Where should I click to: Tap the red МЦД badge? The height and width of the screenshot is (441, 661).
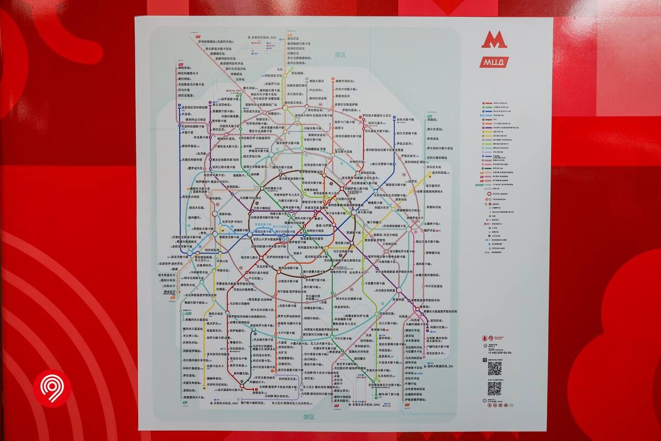point(494,62)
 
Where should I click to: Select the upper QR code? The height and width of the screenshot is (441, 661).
point(494,369)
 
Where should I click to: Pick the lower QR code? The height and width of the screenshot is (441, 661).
point(494,389)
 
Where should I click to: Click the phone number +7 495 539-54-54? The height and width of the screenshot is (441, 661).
point(499,353)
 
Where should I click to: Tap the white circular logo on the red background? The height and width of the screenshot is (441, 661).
point(52,388)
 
